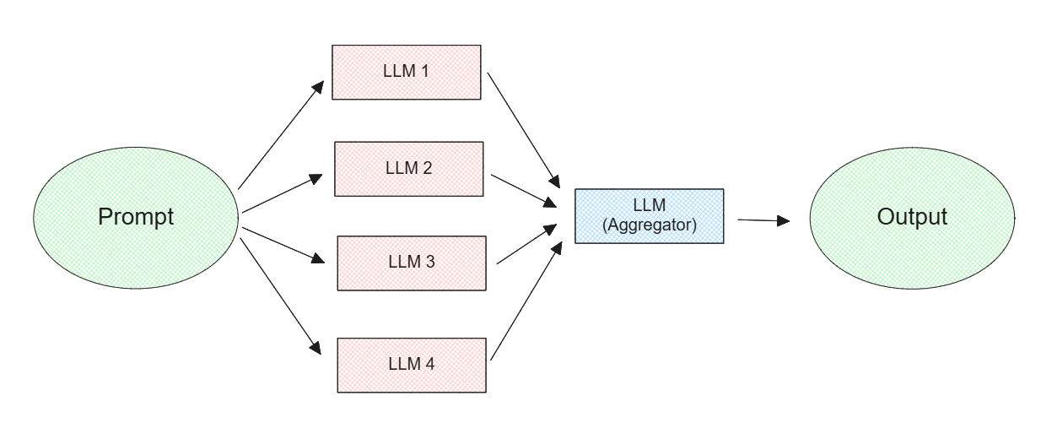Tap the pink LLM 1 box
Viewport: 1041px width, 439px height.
coord(407,71)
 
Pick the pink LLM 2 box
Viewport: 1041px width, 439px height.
coord(409,167)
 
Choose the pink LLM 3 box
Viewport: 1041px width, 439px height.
coord(412,262)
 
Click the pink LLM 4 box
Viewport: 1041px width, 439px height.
coord(412,364)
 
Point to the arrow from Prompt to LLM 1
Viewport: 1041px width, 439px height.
coord(282,135)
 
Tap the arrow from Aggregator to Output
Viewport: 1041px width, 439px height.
coord(763,220)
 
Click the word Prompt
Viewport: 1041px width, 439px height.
coord(136,217)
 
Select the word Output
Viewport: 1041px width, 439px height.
coord(912,217)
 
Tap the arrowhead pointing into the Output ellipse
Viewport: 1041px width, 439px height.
coord(784,220)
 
